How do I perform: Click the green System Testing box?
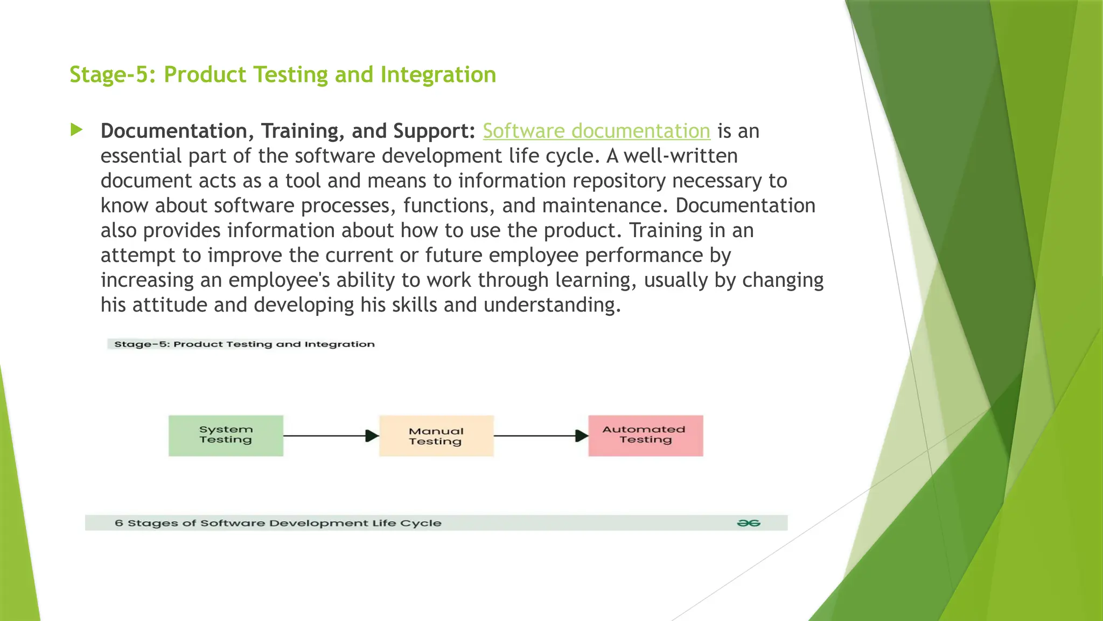coord(226,436)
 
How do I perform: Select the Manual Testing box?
coord(436,436)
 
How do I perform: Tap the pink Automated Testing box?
coord(645,436)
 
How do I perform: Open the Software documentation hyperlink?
coord(596,131)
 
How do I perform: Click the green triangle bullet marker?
coord(76,130)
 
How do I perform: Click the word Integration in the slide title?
coord(438,74)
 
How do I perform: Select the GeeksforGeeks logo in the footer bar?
coord(748,523)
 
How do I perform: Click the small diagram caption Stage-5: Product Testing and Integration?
coord(244,344)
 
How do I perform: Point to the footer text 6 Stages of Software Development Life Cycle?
coord(278,523)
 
